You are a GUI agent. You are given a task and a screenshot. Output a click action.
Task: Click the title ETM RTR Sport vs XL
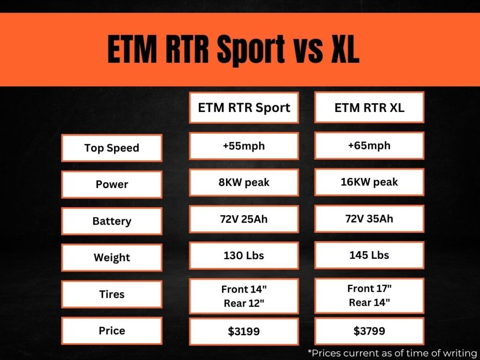tap(233, 49)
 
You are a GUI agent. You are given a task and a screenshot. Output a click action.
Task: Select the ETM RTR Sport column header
tap(244, 108)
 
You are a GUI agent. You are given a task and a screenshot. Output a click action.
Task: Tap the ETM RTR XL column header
tap(369, 108)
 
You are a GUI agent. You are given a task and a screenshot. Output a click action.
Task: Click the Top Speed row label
tap(112, 148)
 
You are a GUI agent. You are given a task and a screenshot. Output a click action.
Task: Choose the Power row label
tap(112, 185)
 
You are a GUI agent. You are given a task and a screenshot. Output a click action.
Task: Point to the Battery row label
tap(112, 221)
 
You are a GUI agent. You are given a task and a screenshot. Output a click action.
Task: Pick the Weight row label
tap(112, 258)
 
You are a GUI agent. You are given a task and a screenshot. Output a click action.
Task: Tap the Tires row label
tap(112, 294)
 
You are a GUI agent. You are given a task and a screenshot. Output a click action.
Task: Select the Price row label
tap(112, 331)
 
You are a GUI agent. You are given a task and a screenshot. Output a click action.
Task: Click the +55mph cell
tap(244, 146)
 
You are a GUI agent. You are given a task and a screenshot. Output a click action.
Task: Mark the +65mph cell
tap(369, 145)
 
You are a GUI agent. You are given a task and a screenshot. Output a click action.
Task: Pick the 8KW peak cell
tap(244, 182)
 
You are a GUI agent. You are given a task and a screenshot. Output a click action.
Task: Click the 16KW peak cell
tap(369, 182)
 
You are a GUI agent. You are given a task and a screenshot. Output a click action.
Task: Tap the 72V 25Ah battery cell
tap(244, 219)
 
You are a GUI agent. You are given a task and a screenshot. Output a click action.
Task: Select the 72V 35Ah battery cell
tap(369, 218)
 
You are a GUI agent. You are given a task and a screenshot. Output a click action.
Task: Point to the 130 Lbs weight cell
tap(244, 255)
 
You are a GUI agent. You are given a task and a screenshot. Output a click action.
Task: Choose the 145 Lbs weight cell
tap(369, 255)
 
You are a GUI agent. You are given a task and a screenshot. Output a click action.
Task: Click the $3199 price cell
tap(244, 332)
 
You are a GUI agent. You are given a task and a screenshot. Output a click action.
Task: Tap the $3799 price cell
tap(369, 331)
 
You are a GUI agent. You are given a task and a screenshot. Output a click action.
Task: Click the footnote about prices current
tap(392, 352)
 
